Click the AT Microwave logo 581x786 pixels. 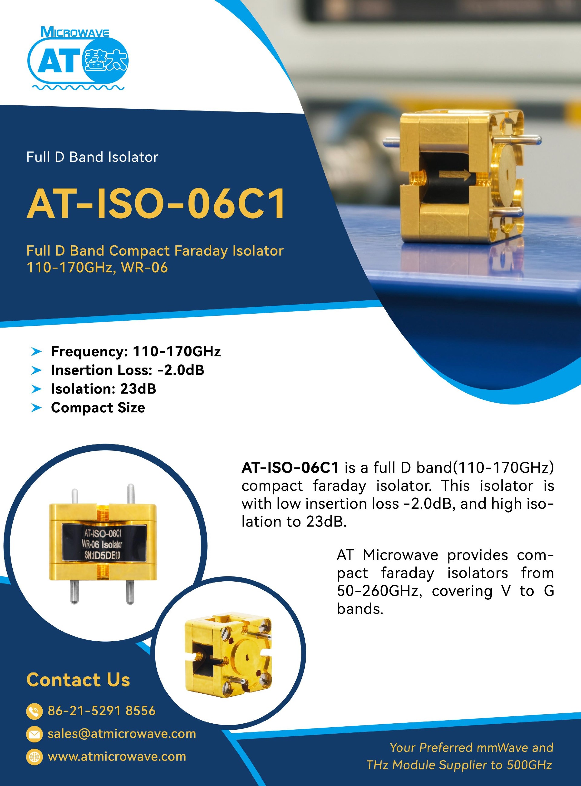tap(78, 58)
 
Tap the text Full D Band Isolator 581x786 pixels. tap(92, 157)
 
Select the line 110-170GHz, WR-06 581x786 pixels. tap(97, 268)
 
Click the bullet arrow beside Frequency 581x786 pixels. tap(36, 351)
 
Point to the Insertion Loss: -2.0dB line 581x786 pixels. tap(127, 370)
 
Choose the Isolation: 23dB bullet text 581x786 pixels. tap(103, 389)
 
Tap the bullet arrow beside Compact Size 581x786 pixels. tap(36, 408)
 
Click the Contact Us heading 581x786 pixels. tap(78, 680)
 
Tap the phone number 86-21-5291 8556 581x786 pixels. tap(102, 711)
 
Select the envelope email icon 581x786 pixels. tap(34, 734)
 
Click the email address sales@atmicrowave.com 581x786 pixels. tap(122, 734)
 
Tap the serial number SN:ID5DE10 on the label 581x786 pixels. tap(102, 555)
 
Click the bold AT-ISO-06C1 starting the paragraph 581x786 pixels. tap(290, 467)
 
